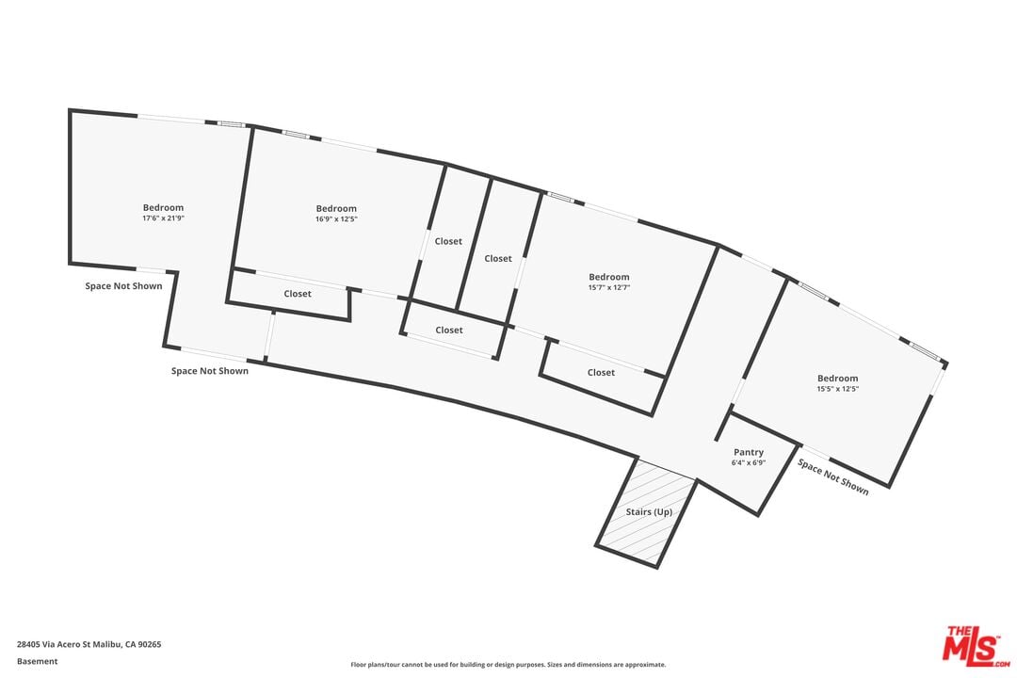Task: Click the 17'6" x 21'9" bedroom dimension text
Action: tap(163, 218)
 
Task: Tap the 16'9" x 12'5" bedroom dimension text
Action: tap(336, 218)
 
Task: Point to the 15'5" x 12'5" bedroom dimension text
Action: tap(837, 388)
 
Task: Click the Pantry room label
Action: tap(749, 453)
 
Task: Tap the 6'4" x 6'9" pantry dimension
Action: tap(749, 463)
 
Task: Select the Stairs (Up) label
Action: tap(649, 512)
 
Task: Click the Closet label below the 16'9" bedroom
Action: tap(298, 294)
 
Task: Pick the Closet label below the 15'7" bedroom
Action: tap(601, 373)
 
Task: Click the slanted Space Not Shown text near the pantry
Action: tap(832, 476)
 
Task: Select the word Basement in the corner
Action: tap(37, 661)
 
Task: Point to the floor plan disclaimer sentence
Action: tap(508, 665)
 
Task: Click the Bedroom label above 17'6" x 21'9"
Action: tap(163, 208)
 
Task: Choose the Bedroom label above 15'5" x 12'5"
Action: tap(837, 379)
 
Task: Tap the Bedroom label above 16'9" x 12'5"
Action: tap(336, 209)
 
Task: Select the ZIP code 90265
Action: tap(148, 645)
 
